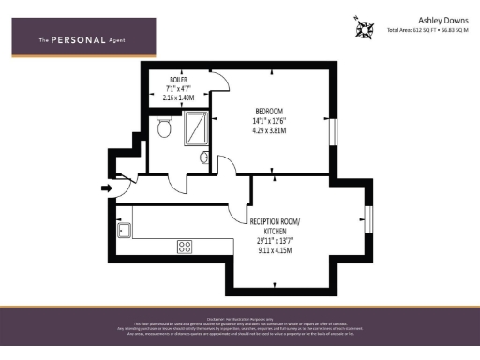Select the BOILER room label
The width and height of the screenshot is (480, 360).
point(178,80)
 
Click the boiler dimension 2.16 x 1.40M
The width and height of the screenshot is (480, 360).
point(178,97)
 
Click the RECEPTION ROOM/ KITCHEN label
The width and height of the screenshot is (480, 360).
point(275,225)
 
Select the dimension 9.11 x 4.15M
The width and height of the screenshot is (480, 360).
point(275,250)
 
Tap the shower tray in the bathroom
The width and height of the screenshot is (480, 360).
point(198,127)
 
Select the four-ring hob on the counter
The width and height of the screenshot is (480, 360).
point(185,247)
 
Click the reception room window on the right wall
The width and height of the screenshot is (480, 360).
point(368,218)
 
